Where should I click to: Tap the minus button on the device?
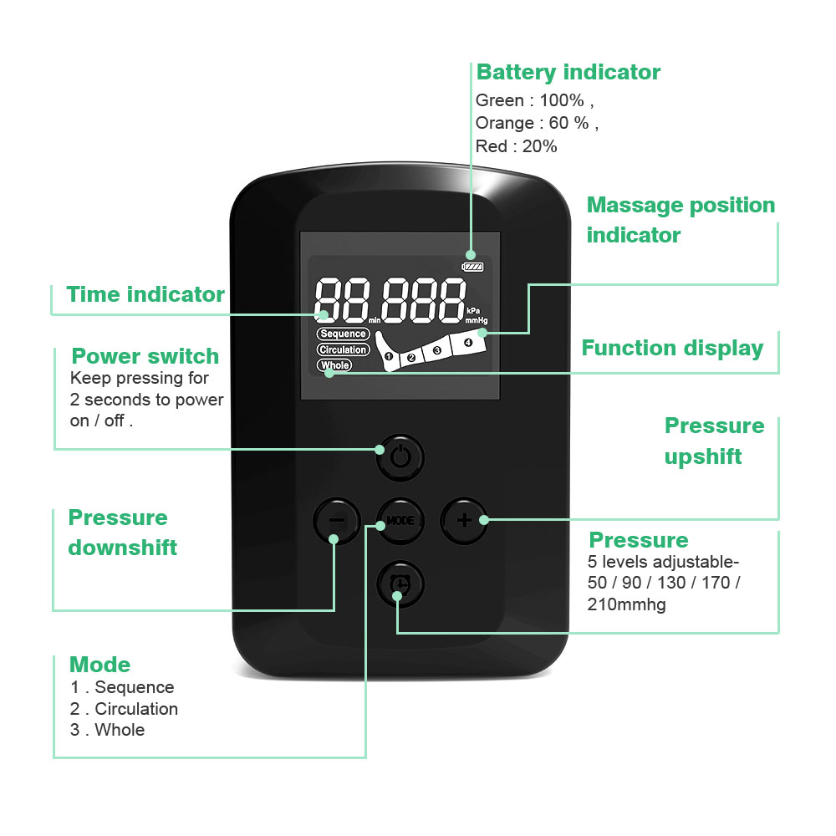tap(335, 521)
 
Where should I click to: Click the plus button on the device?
tap(464, 520)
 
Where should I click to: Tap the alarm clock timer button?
tap(400, 583)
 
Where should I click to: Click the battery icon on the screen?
tap(473, 268)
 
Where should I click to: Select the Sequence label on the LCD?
tap(343, 334)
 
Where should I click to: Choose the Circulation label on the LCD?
tap(343, 349)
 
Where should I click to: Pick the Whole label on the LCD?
tap(334, 365)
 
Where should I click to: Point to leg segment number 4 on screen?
tap(467, 342)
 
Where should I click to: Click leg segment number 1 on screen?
tap(389, 357)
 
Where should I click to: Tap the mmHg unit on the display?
tap(476, 320)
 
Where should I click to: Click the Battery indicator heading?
tap(568, 73)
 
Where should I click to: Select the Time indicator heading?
tap(145, 294)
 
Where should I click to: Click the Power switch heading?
tap(145, 356)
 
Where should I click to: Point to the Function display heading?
tap(672, 348)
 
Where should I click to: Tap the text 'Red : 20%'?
tap(516, 146)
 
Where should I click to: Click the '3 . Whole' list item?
tap(107, 730)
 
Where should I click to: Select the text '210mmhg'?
tap(627, 604)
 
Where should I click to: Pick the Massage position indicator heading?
tap(681, 220)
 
